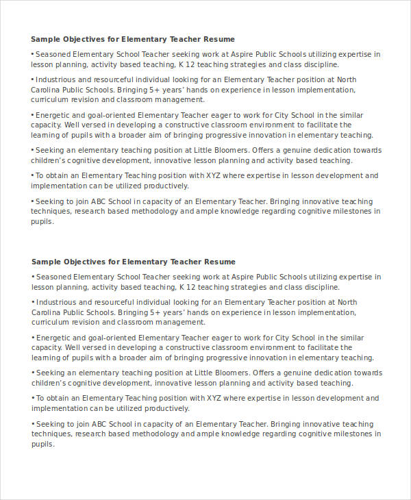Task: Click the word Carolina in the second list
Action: point(47,312)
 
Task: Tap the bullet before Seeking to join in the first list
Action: point(32,202)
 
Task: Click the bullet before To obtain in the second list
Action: point(32,398)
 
